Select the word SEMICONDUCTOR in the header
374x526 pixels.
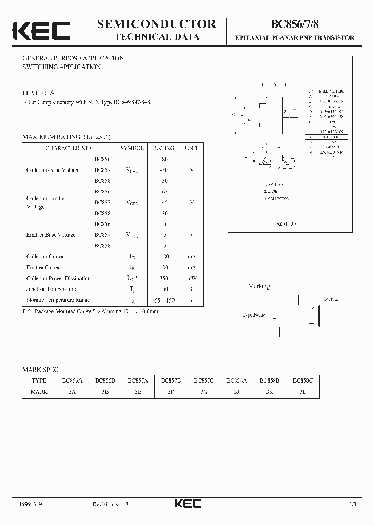coord(156,24)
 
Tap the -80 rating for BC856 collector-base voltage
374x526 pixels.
coord(164,159)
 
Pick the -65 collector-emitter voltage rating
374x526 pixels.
coord(164,192)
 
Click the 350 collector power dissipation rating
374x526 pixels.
coord(164,278)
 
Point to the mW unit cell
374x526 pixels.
coord(192,278)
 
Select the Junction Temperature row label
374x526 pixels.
coord(51,289)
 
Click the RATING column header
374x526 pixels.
coord(164,148)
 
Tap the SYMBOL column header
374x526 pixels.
coord(132,148)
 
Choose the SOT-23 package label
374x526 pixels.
coord(287,224)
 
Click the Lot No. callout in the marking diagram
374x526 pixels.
coord(330,299)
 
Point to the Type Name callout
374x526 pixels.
coord(253,315)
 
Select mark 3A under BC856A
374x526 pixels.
coord(72,392)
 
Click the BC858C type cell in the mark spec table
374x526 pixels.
coord(303,380)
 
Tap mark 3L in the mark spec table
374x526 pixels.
coord(303,392)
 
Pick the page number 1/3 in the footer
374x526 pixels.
coord(353,504)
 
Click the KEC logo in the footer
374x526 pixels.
coord(187,504)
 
